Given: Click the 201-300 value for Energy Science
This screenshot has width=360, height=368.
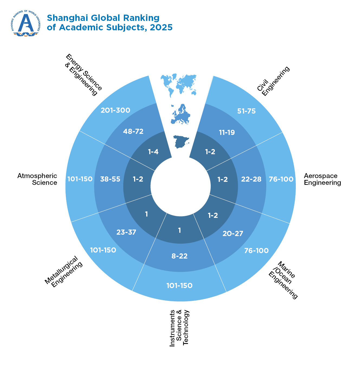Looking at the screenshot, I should coord(115,110).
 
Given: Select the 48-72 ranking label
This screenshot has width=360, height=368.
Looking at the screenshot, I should coord(133,131).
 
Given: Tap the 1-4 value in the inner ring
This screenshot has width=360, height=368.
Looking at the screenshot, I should coord(153,152).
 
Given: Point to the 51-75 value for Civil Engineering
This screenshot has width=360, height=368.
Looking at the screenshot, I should coord(247,111).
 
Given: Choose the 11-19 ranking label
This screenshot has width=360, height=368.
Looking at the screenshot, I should coord(227,133).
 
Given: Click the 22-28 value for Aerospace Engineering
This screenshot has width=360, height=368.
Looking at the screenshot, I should coord(251,179).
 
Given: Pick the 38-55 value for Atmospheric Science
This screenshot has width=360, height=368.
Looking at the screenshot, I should coord(110,179).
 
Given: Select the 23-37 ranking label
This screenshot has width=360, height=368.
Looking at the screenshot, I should coord(126,232).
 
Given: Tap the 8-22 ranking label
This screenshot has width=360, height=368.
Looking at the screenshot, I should coord(180,256).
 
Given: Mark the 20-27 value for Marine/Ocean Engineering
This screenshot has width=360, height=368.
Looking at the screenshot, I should coord(233,234).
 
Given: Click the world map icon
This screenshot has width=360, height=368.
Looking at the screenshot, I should coord(179,84).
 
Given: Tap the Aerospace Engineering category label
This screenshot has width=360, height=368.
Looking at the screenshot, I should coord(322,179).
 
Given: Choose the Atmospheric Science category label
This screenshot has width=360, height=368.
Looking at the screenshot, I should coord(37,179).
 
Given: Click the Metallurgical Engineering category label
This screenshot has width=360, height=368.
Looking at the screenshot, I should coord(63,272).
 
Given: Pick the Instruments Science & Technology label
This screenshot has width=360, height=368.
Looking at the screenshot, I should coord(179,328).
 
